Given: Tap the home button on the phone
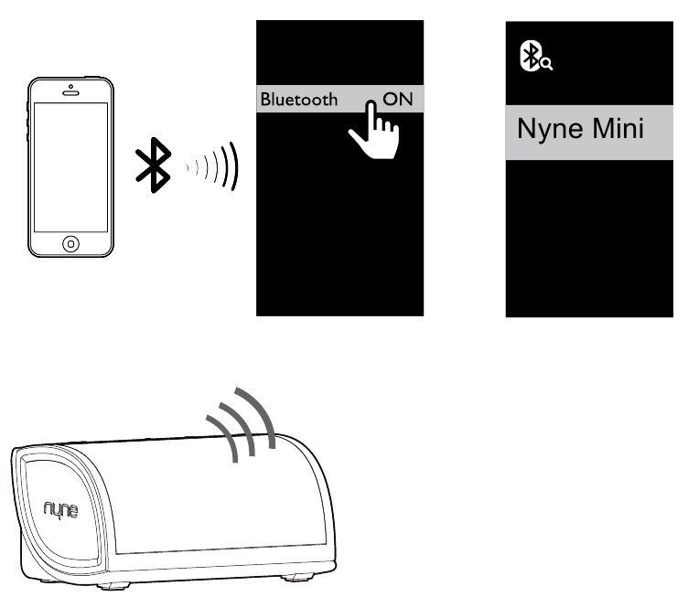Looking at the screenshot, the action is point(71,243).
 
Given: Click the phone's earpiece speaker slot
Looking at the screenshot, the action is point(70,93).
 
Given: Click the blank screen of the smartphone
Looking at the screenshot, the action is point(70,167).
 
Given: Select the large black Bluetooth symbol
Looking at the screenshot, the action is point(153,165).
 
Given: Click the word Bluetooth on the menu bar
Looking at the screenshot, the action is point(299,100).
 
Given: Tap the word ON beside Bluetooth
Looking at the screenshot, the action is point(398,99).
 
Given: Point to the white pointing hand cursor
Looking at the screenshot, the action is point(375,130).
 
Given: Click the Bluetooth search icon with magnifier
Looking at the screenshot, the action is point(535,56).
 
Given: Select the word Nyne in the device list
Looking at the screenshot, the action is point(551,129).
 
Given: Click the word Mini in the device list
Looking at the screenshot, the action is point(618,128).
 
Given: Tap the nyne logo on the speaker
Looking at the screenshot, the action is point(61,510).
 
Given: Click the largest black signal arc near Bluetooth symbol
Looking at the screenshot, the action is point(234,166).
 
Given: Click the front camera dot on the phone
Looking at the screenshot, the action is point(70,86).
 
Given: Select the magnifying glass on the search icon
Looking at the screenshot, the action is point(547,64).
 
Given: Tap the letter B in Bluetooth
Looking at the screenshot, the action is point(266,100).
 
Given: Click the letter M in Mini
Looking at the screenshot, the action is point(603,128).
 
